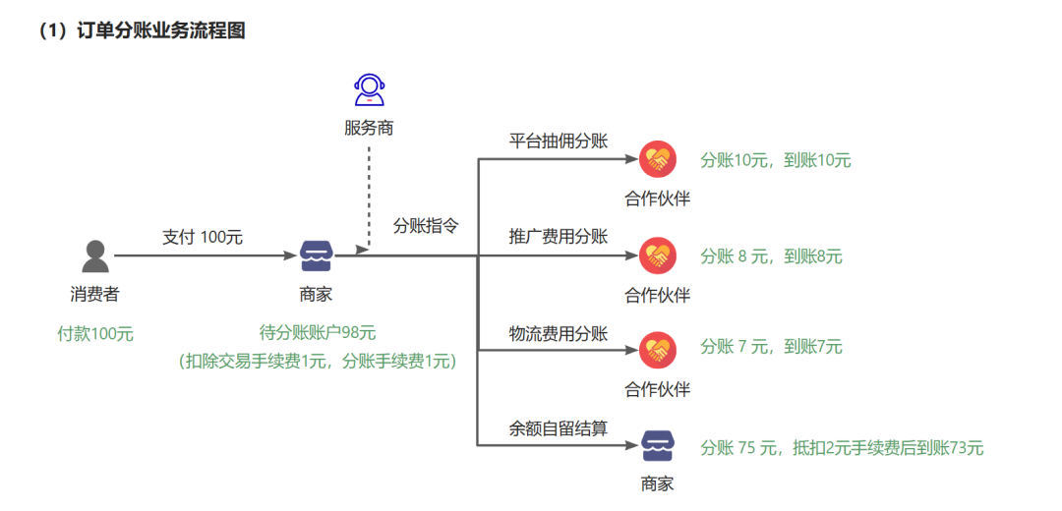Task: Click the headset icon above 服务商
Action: pos(369,89)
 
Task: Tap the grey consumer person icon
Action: pos(94,255)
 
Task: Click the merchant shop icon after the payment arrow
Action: pos(317,255)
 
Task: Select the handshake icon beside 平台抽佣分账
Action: pos(657,159)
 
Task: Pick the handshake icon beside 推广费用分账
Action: pos(657,255)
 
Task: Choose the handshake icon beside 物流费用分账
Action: pos(657,350)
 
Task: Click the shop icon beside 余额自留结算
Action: pos(657,446)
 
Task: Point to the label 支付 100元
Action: pos(203,237)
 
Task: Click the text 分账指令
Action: pos(426,225)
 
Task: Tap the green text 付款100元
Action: pos(95,333)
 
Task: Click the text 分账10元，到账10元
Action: pos(775,160)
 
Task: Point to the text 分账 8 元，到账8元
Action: pos(771,256)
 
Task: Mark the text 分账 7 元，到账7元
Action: pos(771,347)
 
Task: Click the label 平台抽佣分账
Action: pos(558,141)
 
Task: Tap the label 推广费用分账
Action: pos(558,237)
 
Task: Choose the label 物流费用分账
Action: pos(558,333)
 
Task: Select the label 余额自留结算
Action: pos(558,428)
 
